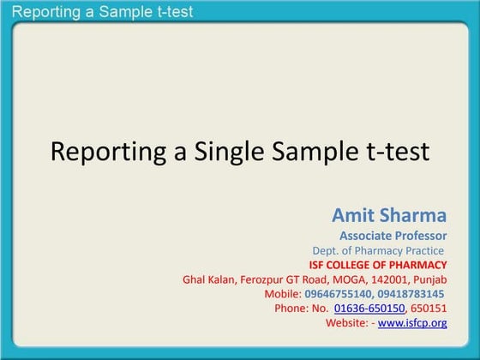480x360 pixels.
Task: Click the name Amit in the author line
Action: (x=355, y=214)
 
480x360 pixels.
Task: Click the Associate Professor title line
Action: (x=393, y=235)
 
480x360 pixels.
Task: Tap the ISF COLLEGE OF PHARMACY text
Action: (x=378, y=265)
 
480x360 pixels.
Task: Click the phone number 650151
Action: (x=429, y=309)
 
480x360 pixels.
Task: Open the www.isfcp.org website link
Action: (x=412, y=323)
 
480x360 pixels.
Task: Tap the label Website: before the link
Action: (x=347, y=323)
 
